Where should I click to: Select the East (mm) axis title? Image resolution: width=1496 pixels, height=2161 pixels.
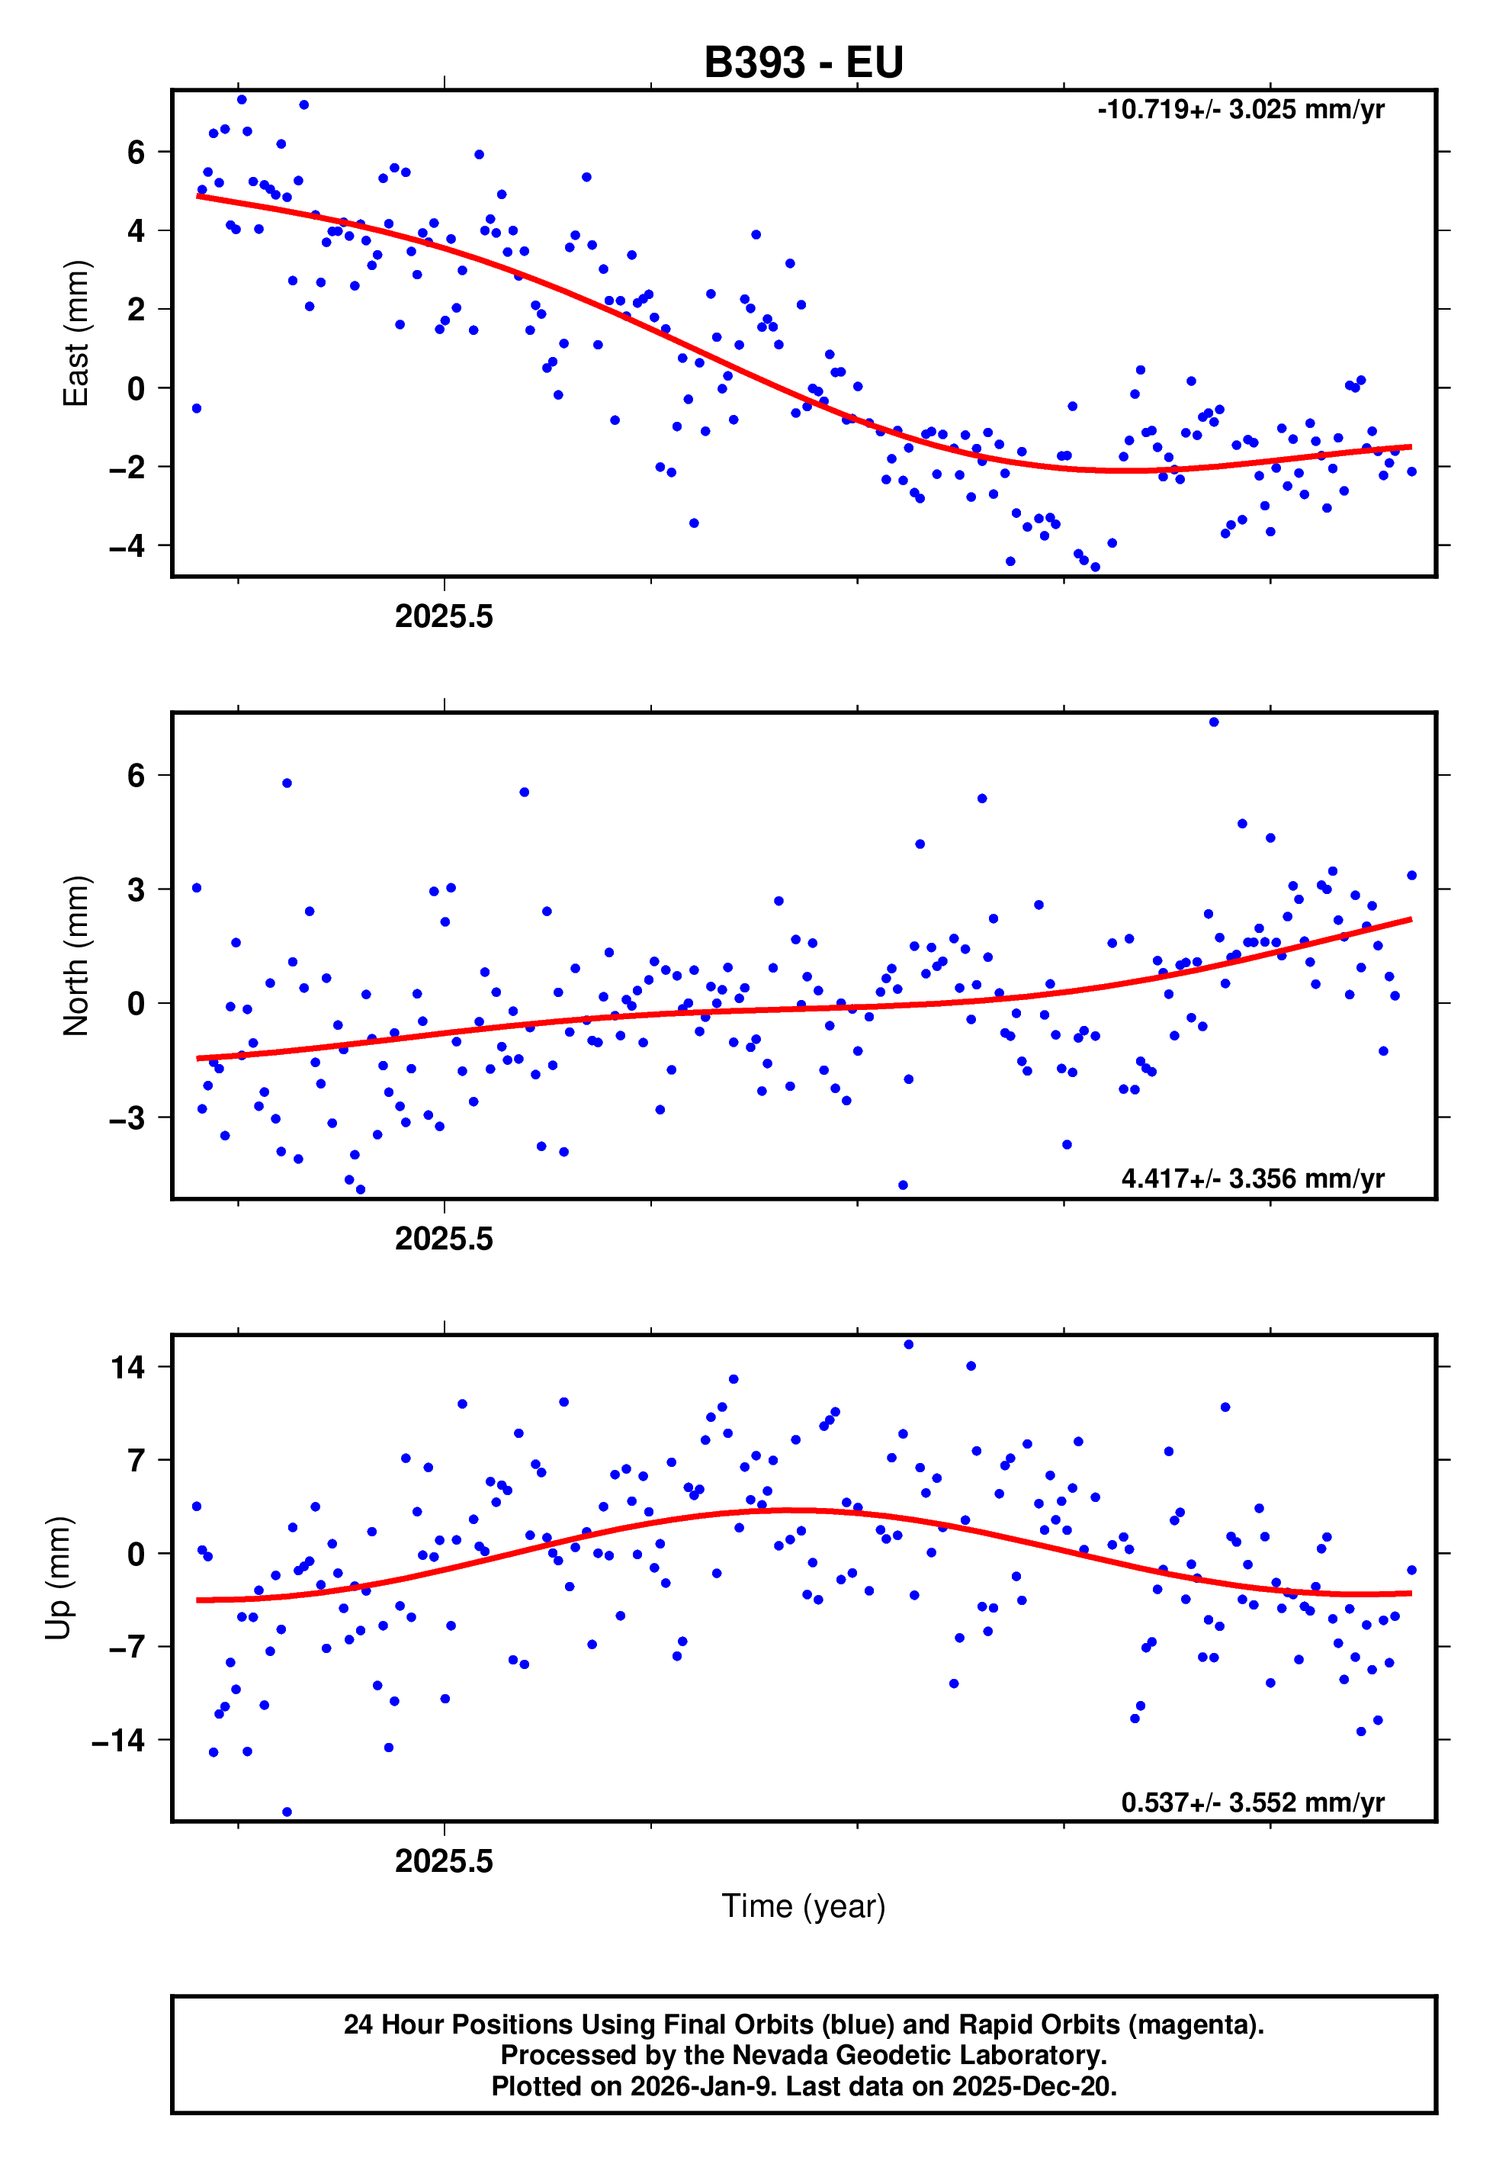[76, 333]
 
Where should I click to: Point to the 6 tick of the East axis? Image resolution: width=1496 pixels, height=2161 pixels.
[136, 152]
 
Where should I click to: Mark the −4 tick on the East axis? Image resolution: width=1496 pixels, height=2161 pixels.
[127, 545]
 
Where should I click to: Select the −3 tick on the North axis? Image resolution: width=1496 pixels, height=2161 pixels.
[127, 1117]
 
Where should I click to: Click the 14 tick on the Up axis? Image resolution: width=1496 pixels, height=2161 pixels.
[128, 1367]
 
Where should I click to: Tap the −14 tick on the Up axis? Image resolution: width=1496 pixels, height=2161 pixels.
[119, 1740]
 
